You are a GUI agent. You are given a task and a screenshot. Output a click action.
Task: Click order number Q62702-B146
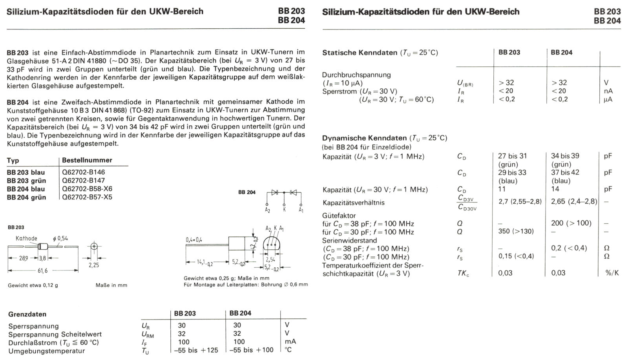[83, 172]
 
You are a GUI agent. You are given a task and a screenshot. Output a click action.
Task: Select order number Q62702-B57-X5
[87, 197]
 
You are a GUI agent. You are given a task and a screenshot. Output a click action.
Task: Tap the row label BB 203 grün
[26, 181]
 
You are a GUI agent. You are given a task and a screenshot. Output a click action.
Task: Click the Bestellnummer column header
[87, 160]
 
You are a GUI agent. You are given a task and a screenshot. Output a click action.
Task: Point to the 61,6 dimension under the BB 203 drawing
[42, 271]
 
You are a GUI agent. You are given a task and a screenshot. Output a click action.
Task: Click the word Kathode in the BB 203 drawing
[26, 238]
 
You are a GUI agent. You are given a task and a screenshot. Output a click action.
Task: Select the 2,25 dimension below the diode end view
[93, 265]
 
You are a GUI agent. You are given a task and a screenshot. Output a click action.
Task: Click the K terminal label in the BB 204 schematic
[285, 210]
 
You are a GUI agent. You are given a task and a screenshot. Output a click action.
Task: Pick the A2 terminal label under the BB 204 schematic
[267, 210]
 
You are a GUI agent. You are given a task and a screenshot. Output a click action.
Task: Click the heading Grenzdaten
[27, 314]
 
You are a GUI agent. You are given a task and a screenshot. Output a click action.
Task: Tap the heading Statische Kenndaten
[360, 53]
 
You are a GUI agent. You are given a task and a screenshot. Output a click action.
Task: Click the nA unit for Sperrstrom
[608, 91]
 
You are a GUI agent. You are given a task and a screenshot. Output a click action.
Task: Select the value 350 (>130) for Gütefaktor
[516, 231]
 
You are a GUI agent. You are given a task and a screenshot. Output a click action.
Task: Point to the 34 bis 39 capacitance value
[565, 156]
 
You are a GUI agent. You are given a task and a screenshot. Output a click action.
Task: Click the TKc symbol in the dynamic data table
[463, 273]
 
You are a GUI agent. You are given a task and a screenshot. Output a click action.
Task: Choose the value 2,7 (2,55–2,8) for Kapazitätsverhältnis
[520, 201]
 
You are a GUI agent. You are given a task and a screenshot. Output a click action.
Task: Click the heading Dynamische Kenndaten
[364, 138]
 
